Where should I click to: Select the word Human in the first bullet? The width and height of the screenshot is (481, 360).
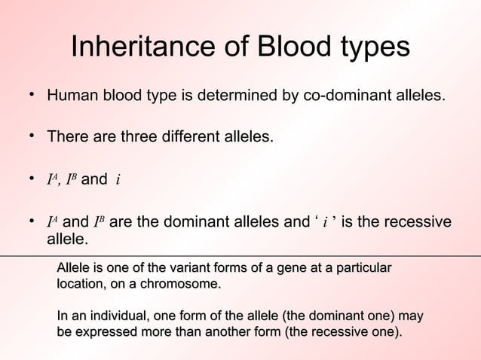click(x=69, y=97)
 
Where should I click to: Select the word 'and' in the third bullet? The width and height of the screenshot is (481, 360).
click(x=94, y=180)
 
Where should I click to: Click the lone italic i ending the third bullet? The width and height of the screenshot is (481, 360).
click(x=118, y=181)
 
